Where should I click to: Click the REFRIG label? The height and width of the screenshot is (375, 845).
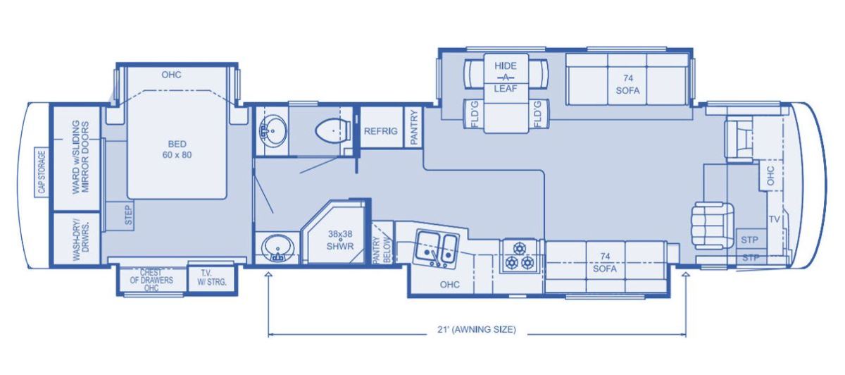pyautogui.click(x=381, y=131)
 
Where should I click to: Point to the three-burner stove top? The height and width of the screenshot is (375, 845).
pyautogui.click(x=519, y=256)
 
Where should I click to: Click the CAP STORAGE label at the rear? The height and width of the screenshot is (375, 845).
pyautogui.click(x=42, y=172)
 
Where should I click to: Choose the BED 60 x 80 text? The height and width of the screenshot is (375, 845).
pyautogui.click(x=177, y=149)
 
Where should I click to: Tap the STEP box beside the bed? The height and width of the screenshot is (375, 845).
pyautogui.click(x=129, y=215)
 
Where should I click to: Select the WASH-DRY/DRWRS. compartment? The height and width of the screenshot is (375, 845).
pyautogui.click(x=77, y=239)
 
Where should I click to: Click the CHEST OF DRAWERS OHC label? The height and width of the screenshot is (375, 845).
pyautogui.click(x=151, y=280)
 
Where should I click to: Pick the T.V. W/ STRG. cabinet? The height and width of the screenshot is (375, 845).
pyautogui.click(x=212, y=278)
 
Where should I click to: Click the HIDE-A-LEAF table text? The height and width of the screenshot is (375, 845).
pyautogui.click(x=506, y=77)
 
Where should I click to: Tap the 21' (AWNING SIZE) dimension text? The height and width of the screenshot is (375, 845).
pyautogui.click(x=477, y=329)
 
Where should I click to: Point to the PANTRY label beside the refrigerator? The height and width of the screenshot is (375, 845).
pyautogui.click(x=414, y=127)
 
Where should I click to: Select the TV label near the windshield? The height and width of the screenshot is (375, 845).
pyautogui.click(x=774, y=219)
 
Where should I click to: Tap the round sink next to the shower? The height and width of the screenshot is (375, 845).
pyautogui.click(x=277, y=249)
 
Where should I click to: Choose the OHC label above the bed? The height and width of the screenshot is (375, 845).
pyautogui.click(x=171, y=75)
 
